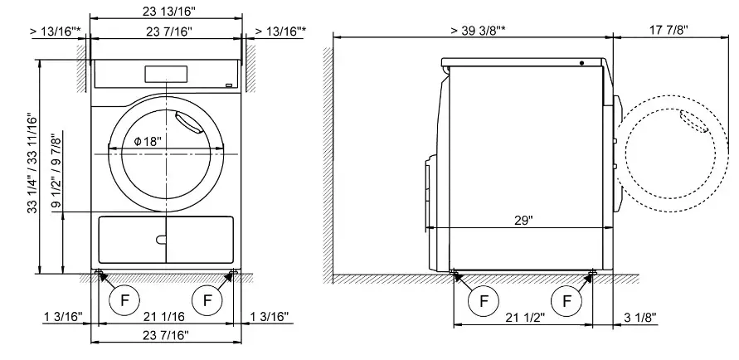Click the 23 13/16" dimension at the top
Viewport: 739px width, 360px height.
click(166, 11)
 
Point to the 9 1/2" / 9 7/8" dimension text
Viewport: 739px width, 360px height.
click(56, 169)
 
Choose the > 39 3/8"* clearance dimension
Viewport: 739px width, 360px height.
click(480, 30)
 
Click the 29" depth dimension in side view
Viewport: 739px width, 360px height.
click(523, 221)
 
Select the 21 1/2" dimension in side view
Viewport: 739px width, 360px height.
click(524, 317)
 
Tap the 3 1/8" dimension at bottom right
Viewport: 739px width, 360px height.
click(639, 317)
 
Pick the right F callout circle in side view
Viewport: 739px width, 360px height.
click(567, 300)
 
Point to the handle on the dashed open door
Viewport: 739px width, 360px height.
click(693, 121)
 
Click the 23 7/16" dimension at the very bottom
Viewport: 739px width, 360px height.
click(165, 335)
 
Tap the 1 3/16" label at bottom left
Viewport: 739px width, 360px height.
click(63, 317)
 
